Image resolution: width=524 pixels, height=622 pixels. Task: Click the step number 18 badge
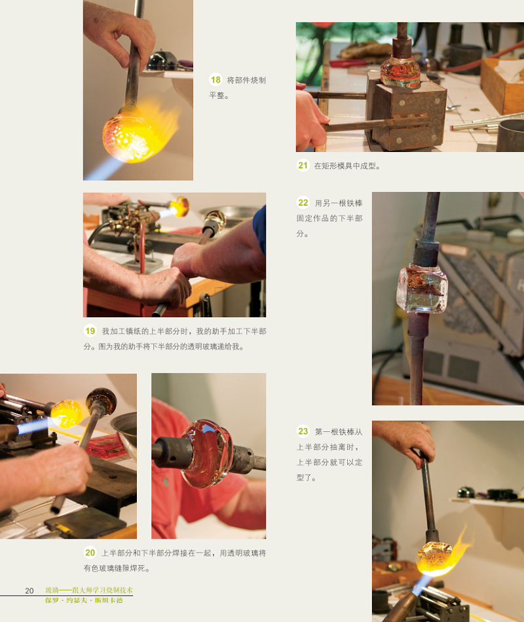click(x=215, y=80)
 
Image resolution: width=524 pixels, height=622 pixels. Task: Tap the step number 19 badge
click(x=90, y=331)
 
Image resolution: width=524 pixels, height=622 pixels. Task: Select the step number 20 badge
click(x=90, y=553)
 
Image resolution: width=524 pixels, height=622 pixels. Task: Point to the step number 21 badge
click(x=303, y=165)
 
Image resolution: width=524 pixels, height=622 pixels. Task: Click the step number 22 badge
click(x=303, y=203)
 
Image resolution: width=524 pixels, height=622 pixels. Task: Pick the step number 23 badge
click(x=303, y=431)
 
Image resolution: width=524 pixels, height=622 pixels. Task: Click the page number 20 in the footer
click(x=29, y=591)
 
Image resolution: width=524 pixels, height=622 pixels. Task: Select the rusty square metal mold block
click(x=405, y=112)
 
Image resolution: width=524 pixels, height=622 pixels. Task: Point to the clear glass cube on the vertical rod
click(x=422, y=288)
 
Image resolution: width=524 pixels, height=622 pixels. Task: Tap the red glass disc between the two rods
click(x=209, y=454)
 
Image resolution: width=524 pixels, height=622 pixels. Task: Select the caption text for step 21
click(x=347, y=166)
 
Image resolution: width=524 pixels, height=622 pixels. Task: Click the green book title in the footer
click(x=89, y=591)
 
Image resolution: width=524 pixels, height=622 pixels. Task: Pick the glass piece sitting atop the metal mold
click(x=400, y=72)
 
